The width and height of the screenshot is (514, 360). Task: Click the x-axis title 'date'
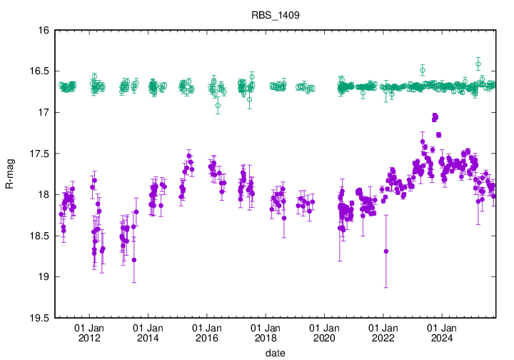(x=276, y=353)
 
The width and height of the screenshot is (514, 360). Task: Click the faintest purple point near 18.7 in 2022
(x=386, y=251)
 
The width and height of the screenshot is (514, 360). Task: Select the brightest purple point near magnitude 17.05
(x=435, y=116)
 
